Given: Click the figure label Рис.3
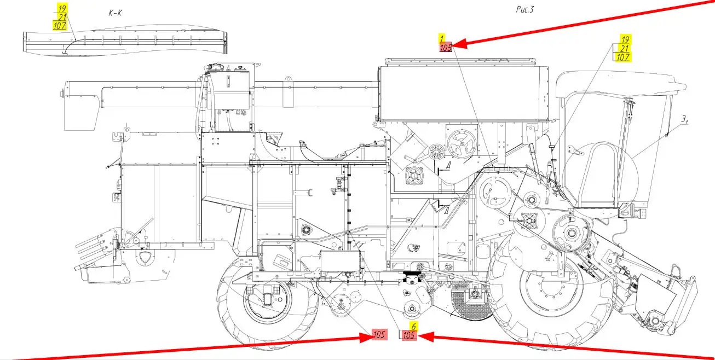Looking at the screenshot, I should coord(525,9).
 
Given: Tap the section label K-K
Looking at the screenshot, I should coord(116,13).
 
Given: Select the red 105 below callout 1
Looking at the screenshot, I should coord(446,48).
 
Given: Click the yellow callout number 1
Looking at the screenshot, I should coord(441,38).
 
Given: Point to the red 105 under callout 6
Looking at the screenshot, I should coord(409,335).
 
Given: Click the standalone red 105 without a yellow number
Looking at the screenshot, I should coord(379,335).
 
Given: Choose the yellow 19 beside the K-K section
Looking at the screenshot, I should coord(62,8).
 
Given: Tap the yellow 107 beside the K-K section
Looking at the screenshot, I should coord(60,25).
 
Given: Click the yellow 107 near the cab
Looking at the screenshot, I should coord(623,57).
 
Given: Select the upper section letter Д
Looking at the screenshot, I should coord(448,166).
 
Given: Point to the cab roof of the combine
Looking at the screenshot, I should coord(619,82).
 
